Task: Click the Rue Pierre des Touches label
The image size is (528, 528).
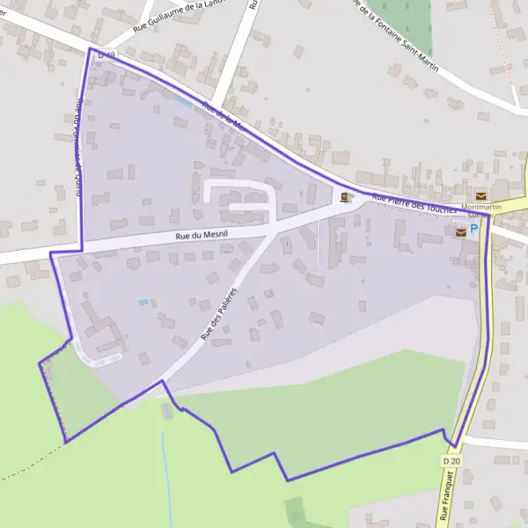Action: tap(413, 204)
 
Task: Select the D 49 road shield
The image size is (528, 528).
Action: tap(106, 55)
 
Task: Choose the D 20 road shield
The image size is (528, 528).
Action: tap(452, 461)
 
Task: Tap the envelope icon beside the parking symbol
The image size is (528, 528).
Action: tap(460, 232)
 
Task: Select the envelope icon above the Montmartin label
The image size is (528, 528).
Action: tap(480, 195)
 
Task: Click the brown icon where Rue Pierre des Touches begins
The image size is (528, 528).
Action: tap(345, 197)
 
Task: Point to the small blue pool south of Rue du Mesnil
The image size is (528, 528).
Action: tap(143, 303)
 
